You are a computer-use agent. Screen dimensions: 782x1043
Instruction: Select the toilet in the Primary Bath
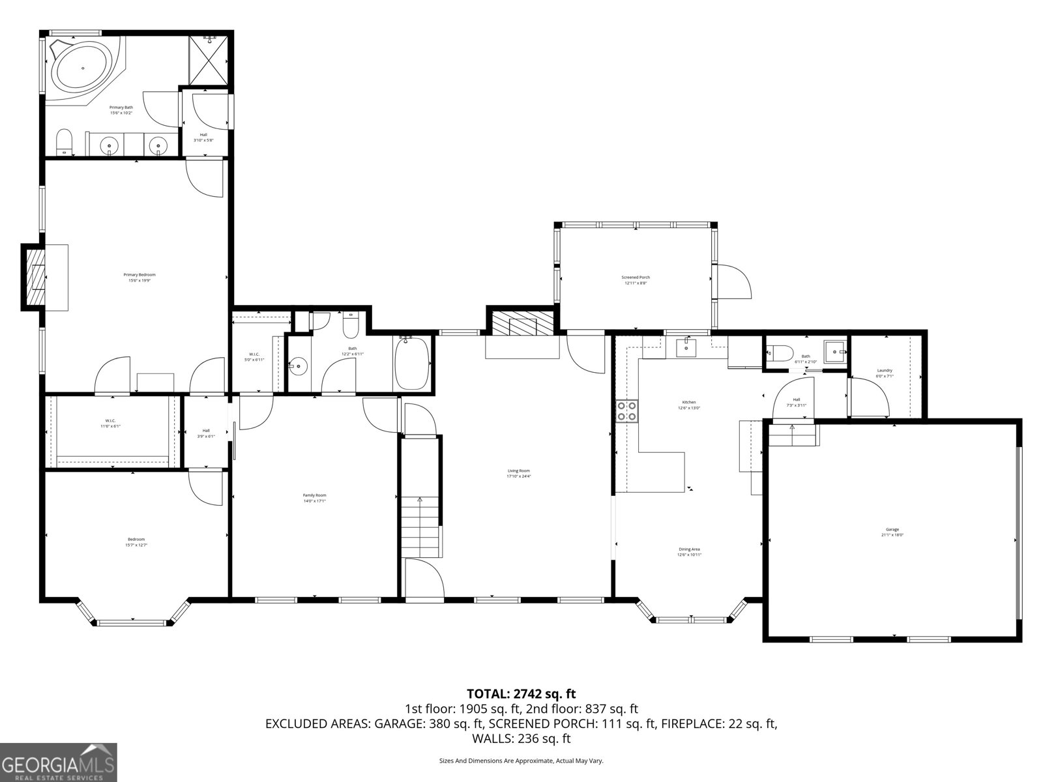point(64,142)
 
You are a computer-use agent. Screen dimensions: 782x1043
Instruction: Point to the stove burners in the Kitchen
point(627,411)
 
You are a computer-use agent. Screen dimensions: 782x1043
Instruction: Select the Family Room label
point(314,498)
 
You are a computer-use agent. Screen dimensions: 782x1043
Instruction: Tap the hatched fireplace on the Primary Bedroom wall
point(35,277)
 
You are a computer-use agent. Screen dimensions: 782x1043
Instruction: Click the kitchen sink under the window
point(686,347)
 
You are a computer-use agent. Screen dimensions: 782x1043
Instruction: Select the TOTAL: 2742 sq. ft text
point(521,693)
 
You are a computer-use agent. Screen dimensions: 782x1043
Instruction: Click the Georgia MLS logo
point(59,762)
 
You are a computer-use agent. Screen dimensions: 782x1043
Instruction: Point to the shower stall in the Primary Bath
point(209,61)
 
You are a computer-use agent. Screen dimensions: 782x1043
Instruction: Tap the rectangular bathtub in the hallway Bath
point(412,364)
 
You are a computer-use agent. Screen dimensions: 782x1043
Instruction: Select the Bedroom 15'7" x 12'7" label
point(136,542)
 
